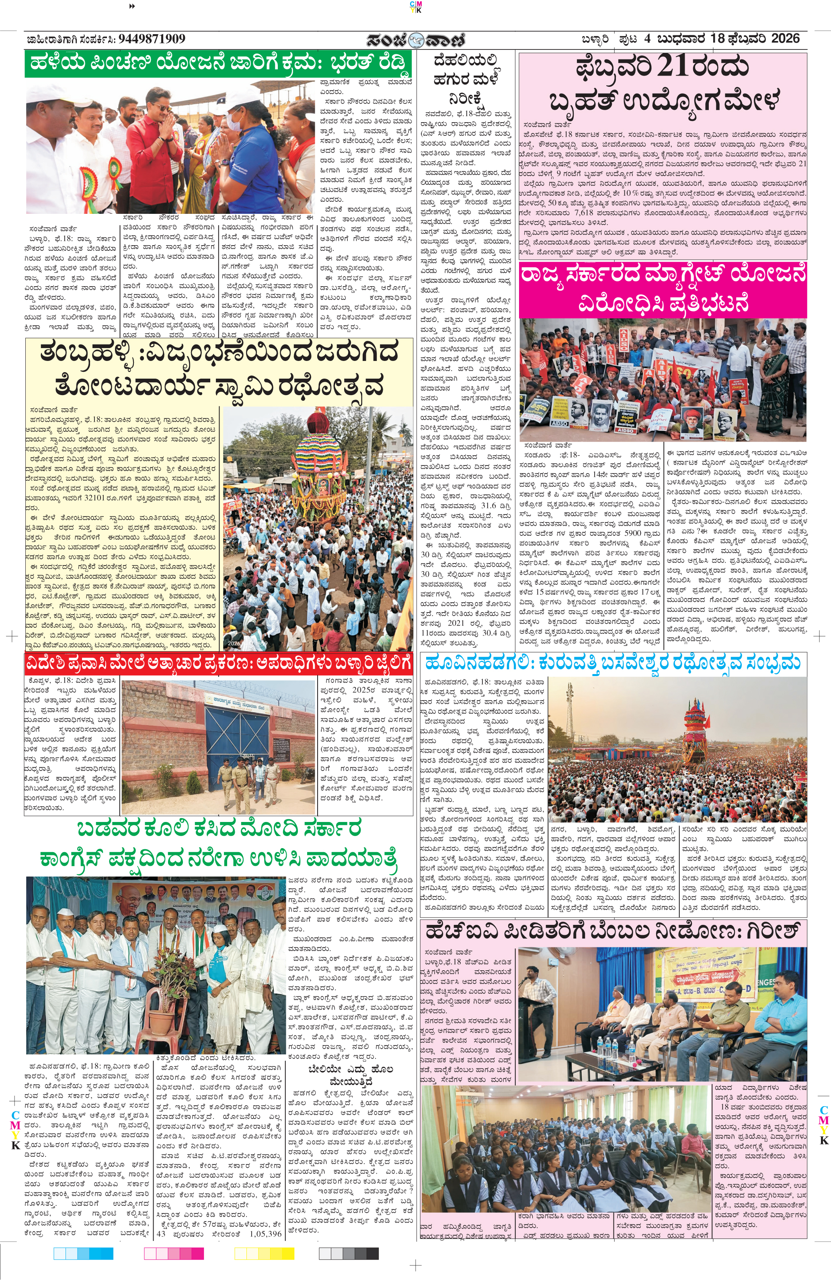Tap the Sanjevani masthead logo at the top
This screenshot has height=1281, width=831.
click(416, 40)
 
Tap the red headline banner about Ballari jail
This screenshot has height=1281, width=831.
click(218, 662)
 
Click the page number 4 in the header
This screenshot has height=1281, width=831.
click(647, 39)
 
